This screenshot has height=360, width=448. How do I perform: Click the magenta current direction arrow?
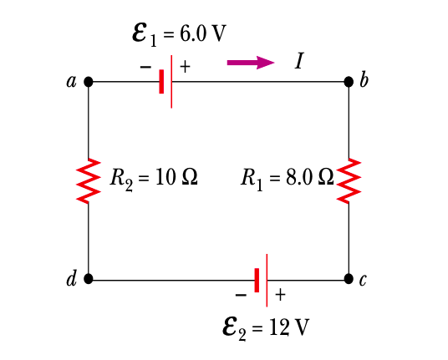coord(250,62)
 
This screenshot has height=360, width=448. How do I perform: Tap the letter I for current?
coord(298,61)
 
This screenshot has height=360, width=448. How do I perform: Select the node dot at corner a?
coord(89,82)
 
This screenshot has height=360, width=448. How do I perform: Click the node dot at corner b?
coord(349,82)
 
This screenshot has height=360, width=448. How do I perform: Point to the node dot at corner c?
coord(349,279)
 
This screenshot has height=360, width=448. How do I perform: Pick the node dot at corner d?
coord(89,279)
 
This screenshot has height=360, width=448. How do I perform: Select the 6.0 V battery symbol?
coord(166,82)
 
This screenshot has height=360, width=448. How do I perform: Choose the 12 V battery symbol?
coord(262,279)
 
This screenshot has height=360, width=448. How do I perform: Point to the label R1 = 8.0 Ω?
coord(287,178)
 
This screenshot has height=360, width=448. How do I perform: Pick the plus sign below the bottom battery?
coord(280,295)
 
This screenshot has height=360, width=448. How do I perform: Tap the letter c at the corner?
coord(364,281)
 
